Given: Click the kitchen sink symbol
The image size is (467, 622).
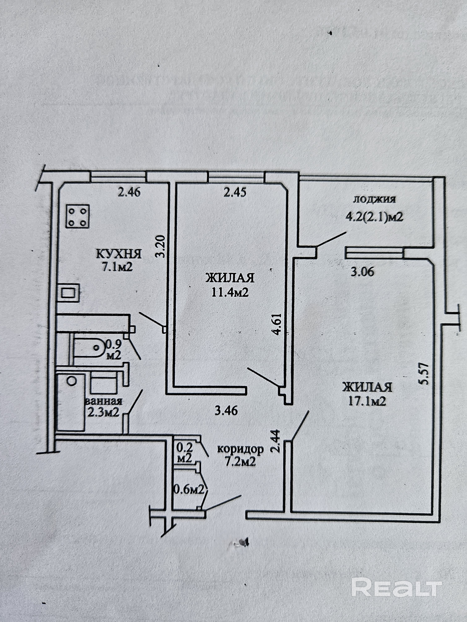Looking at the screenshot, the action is tap(68, 292).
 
